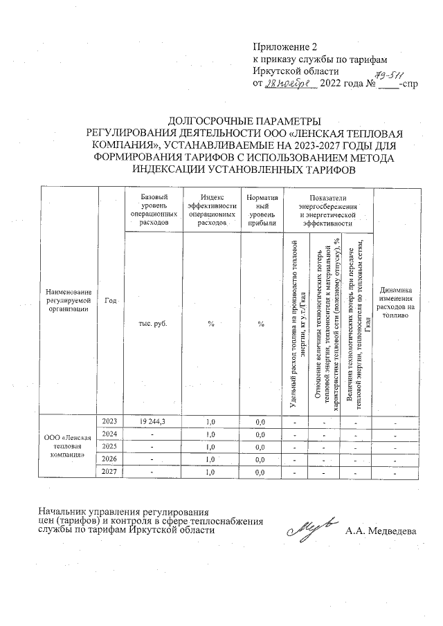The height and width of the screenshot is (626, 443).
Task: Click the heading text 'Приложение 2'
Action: [x=284, y=47]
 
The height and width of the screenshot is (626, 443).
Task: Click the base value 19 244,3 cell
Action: [x=154, y=421]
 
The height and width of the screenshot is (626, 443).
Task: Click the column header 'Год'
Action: [x=110, y=300]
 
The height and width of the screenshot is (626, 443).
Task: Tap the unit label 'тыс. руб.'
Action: [x=154, y=323]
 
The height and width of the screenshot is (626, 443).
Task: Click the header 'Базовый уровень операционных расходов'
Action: [x=154, y=210]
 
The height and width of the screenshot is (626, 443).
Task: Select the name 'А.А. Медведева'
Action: [x=381, y=531]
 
